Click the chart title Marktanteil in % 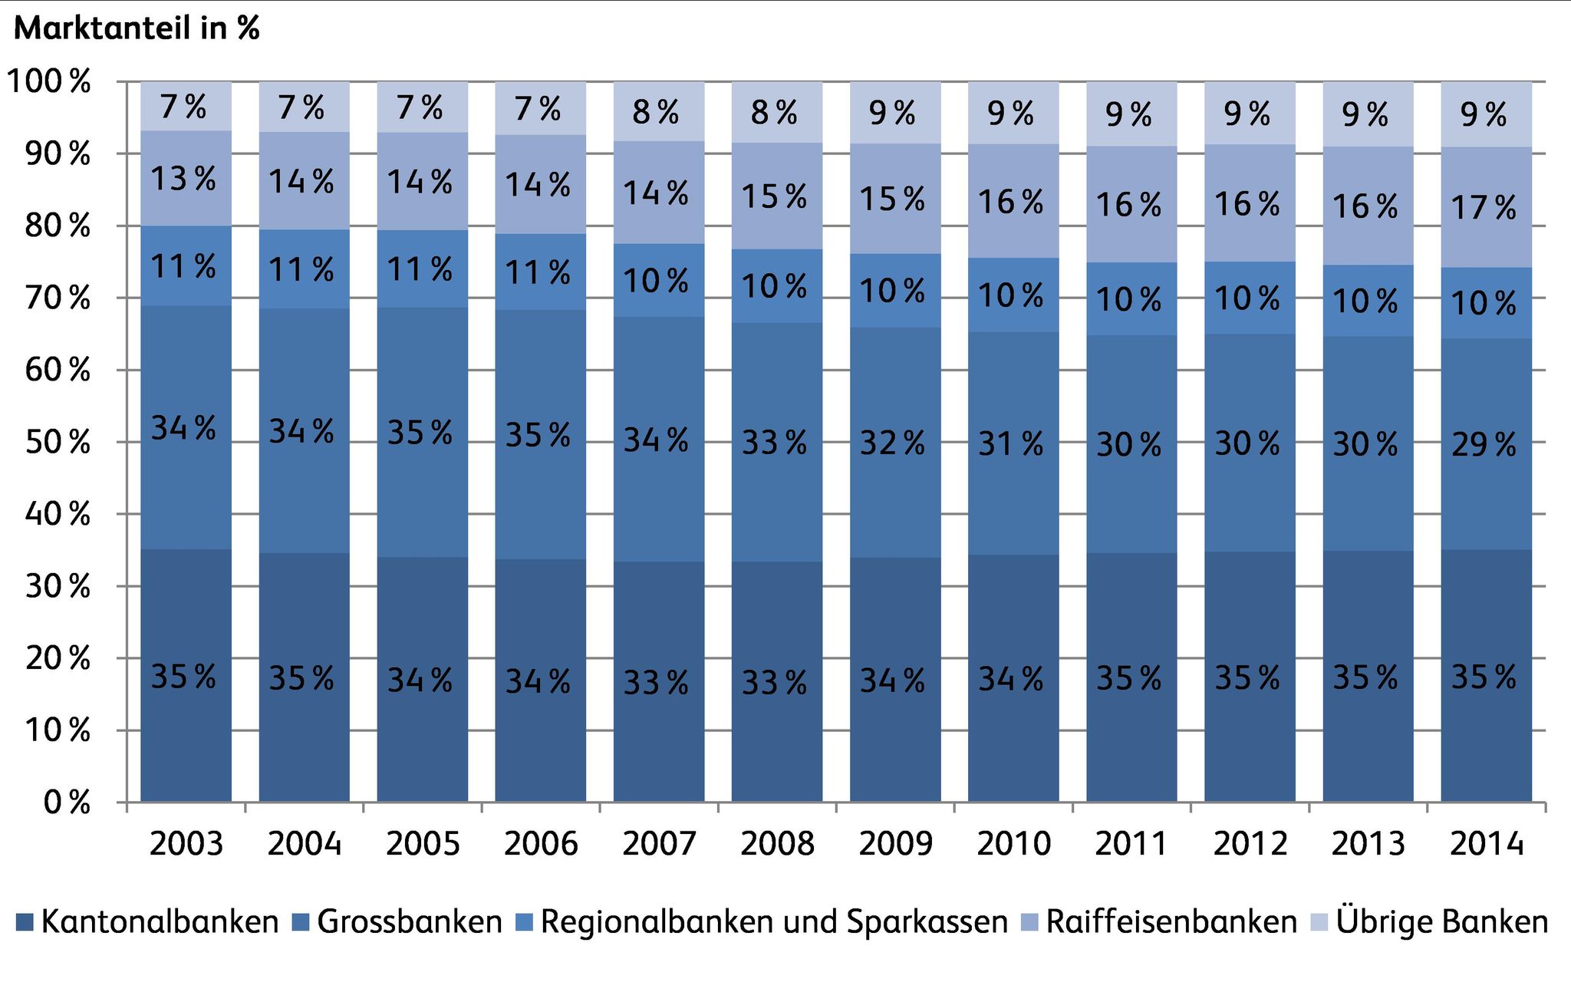click(x=137, y=28)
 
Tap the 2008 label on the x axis click(x=776, y=844)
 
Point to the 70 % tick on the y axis click(x=58, y=298)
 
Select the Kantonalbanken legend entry click(x=148, y=921)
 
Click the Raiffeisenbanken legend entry click(x=1161, y=921)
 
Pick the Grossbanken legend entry click(x=398, y=921)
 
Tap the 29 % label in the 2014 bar click(x=1484, y=445)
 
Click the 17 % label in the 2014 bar click(x=1484, y=208)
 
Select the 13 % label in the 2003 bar click(x=183, y=180)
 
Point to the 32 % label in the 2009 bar click(x=892, y=443)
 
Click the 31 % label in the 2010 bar click(x=1010, y=444)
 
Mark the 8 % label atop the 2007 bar click(x=656, y=113)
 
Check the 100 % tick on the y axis click(x=48, y=81)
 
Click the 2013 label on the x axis click(x=1368, y=844)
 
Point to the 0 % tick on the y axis click(x=67, y=802)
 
